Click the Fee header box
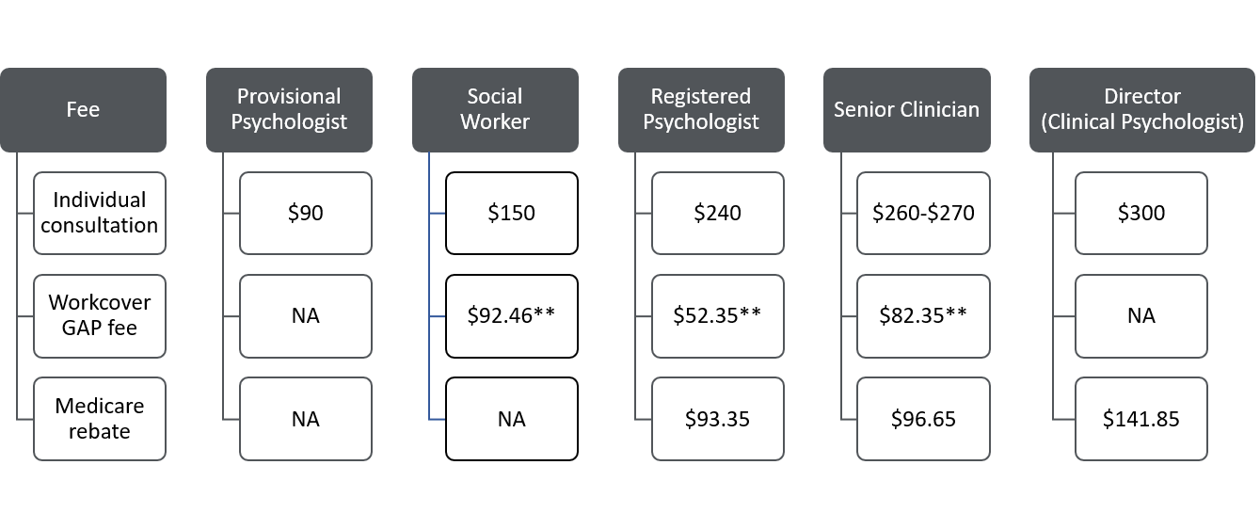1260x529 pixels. pyautogui.click(x=83, y=109)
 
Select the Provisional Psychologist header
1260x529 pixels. pyautogui.click(x=289, y=109)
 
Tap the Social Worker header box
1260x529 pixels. pyautogui.click(x=495, y=109)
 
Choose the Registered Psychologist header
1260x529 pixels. pyautogui.click(x=701, y=109)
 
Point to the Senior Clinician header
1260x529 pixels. pyautogui.click(x=906, y=109)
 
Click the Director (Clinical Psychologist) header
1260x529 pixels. pyautogui.click(x=1142, y=109)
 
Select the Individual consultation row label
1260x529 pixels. pyautogui.click(x=100, y=213)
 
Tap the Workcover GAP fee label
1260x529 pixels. pyautogui.click(x=100, y=315)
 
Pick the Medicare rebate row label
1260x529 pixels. pyautogui.click(x=100, y=419)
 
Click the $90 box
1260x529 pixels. pyautogui.click(x=306, y=213)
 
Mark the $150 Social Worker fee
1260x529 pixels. pyautogui.click(x=512, y=213)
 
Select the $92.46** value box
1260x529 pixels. pyautogui.click(x=512, y=315)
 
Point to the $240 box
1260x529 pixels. pyautogui.click(x=718, y=213)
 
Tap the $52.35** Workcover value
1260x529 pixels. pyautogui.click(x=718, y=315)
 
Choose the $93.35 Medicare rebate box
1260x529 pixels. pyautogui.click(x=718, y=419)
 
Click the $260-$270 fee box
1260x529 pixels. pyautogui.click(x=923, y=213)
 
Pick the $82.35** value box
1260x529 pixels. pyautogui.click(x=923, y=315)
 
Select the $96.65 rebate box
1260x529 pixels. pyautogui.click(x=923, y=419)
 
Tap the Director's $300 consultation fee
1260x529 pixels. pyautogui.click(x=1141, y=213)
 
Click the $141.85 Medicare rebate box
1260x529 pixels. pyautogui.click(x=1141, y=419)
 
